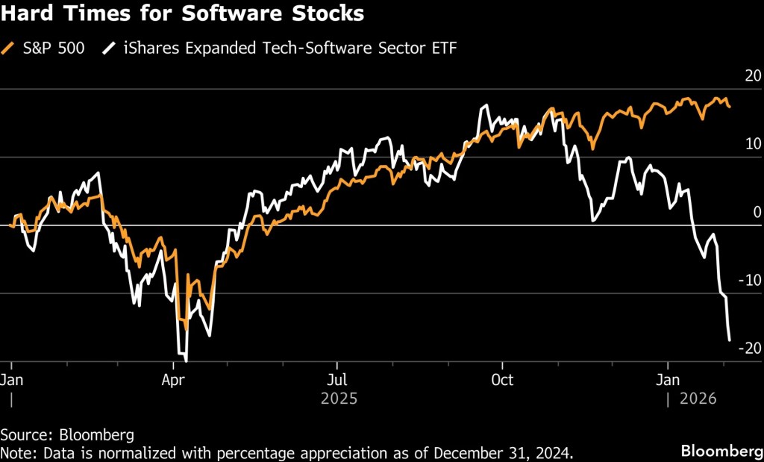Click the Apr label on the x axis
pos(174,378)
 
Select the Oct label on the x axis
pos(502,378)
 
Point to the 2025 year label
pos(339,399)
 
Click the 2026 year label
pos(698,399)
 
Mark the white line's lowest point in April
pos(185,360)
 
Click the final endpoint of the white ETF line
pos(729,340)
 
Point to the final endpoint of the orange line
pos(730,107)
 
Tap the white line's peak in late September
pos(485,105)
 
